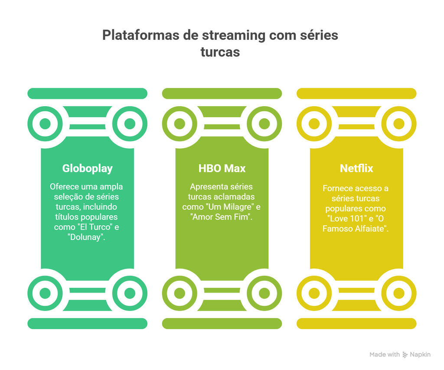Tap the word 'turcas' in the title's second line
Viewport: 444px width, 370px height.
click(220, 52)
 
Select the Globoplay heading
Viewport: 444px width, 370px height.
click(87, 168)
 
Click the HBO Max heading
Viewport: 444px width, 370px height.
click(222, 168)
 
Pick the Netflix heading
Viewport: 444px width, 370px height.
click(356, 168)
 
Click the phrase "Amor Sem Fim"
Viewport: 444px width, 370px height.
click(221, 217)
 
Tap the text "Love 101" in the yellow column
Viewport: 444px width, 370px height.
click(345, 218)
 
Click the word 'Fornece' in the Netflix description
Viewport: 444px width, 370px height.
click(337, 188)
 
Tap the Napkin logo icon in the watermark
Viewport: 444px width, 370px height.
click(405, 354)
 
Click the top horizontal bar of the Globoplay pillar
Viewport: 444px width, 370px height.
click(87, 94)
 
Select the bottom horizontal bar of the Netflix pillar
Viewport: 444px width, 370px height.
click(356, 323)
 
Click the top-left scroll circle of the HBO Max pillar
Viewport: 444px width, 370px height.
click(180, 124)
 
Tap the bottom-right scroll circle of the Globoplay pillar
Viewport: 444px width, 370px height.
click(130, 293)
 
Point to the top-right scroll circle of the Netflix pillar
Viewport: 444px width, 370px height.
click(399, 124)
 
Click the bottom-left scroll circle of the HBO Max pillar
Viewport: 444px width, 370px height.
click(180, 293)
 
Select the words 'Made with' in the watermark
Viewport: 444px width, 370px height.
click(385, 354)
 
